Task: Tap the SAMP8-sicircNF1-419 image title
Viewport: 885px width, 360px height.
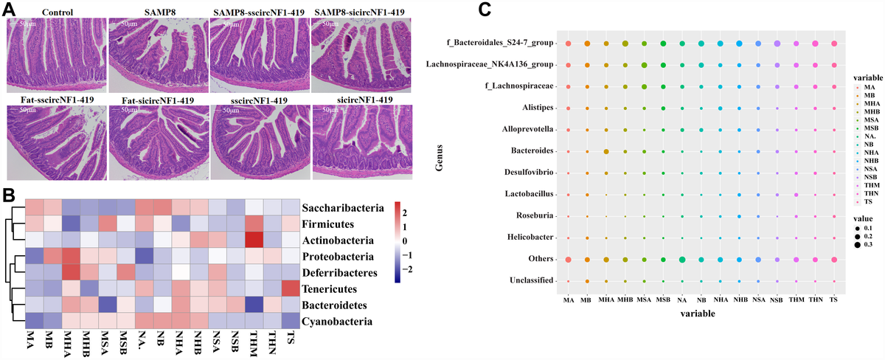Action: coord(358,13)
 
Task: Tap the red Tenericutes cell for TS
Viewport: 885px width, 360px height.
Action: coord(291,287)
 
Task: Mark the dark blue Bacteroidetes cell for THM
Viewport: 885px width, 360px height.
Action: coord(254,304)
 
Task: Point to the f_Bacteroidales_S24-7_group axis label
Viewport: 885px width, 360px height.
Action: coord(490,44)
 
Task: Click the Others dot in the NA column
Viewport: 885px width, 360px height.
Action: coord(682,259)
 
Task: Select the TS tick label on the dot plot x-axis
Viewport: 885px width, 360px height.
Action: coord(833,298)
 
